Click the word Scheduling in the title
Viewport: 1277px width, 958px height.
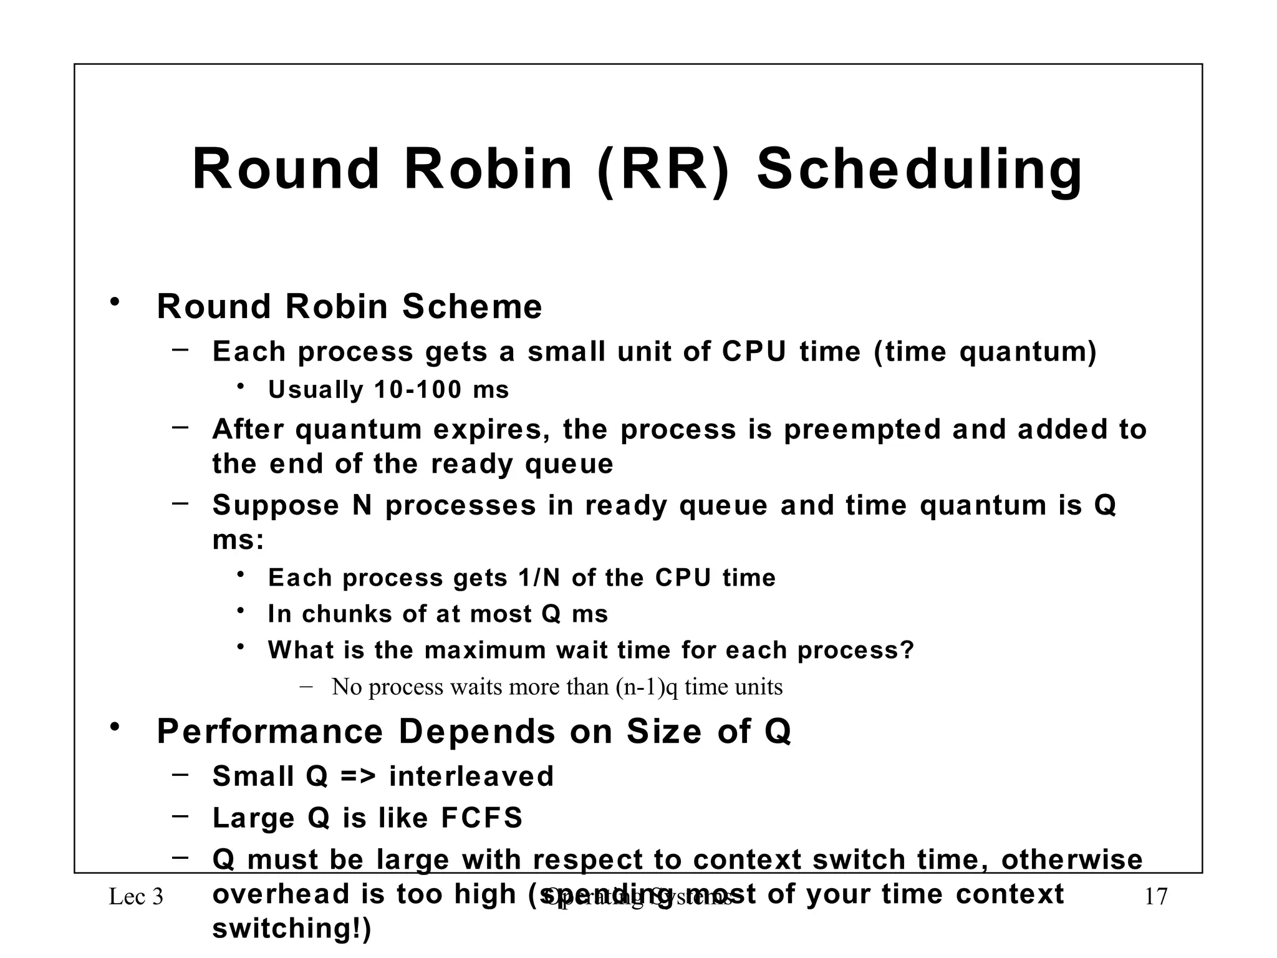pyautogui.click(x=920, y=170)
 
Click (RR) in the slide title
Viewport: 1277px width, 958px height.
pyautogui.click(x=663, y=170)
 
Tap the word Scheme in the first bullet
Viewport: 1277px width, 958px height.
pyautogui.click(x=472, y=307)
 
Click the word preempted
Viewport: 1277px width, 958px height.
pyautogui.click(x=862, y=430)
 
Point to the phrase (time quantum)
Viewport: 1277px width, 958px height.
pyautogui.click(x=985, y=352)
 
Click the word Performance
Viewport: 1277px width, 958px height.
pyautogui.click(x=270, y=732)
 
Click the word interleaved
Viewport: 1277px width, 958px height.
pyautogui.click(x=471, y=777)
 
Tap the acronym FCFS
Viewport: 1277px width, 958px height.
pyautogui.click(x=481, y=818)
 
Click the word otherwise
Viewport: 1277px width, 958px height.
pyautogui.click(x=1071, y=860)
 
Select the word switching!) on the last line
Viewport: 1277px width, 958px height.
pyautogui.click(x=292, y=929)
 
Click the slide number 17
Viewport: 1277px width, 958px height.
pyautogui.click(x=1156, y=898)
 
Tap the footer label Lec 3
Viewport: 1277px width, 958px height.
pyautogui.click(x=136, y=898)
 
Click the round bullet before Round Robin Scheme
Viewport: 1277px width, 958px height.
pyautogui.click(x=114, y=303)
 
